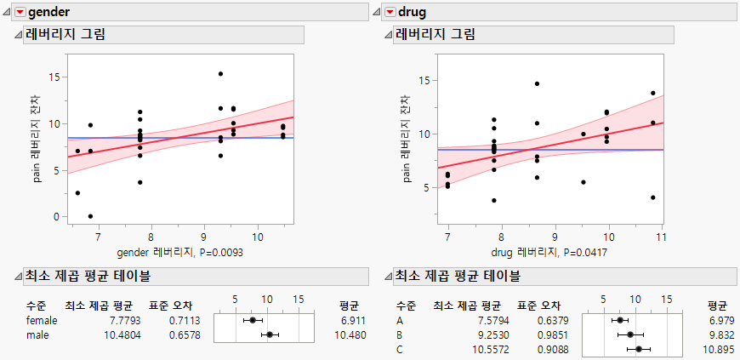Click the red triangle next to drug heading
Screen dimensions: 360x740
390,12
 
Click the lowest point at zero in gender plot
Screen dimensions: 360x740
90,216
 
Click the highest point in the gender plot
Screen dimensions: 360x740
220,74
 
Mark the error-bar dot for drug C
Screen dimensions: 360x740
638,349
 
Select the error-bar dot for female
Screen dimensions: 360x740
252,320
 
